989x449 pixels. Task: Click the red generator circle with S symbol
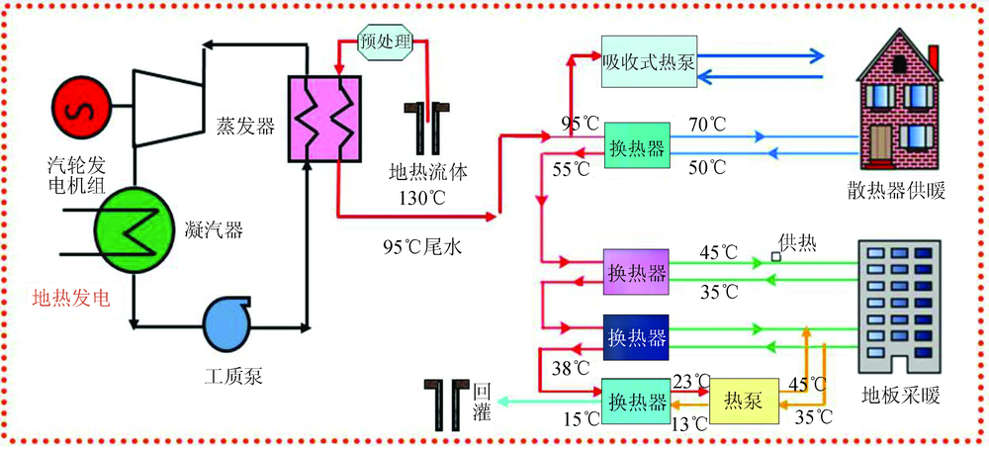[82, 107]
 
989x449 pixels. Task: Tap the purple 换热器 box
[637, 272]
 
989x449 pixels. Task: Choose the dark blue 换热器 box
[637, 336]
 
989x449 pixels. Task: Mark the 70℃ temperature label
[708, 126]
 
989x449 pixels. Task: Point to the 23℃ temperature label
[691, 380]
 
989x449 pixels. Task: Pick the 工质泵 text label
[231, 375]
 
